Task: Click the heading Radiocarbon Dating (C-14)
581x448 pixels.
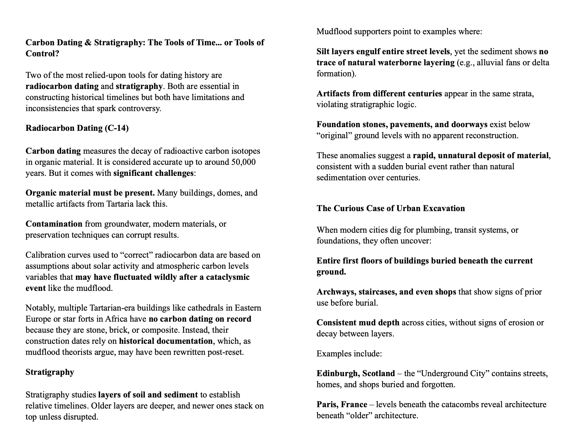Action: (77, 128)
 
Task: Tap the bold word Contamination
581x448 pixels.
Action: (54, 224)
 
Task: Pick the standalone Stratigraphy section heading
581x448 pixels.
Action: (50, 372)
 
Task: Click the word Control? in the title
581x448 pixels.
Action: (42, 54)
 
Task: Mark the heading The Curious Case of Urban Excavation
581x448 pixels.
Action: (390, 208)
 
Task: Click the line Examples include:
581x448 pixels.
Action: (349, 354)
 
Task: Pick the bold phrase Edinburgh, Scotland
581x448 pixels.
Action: (355, 374)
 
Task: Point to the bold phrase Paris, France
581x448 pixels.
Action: (342, 405)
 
